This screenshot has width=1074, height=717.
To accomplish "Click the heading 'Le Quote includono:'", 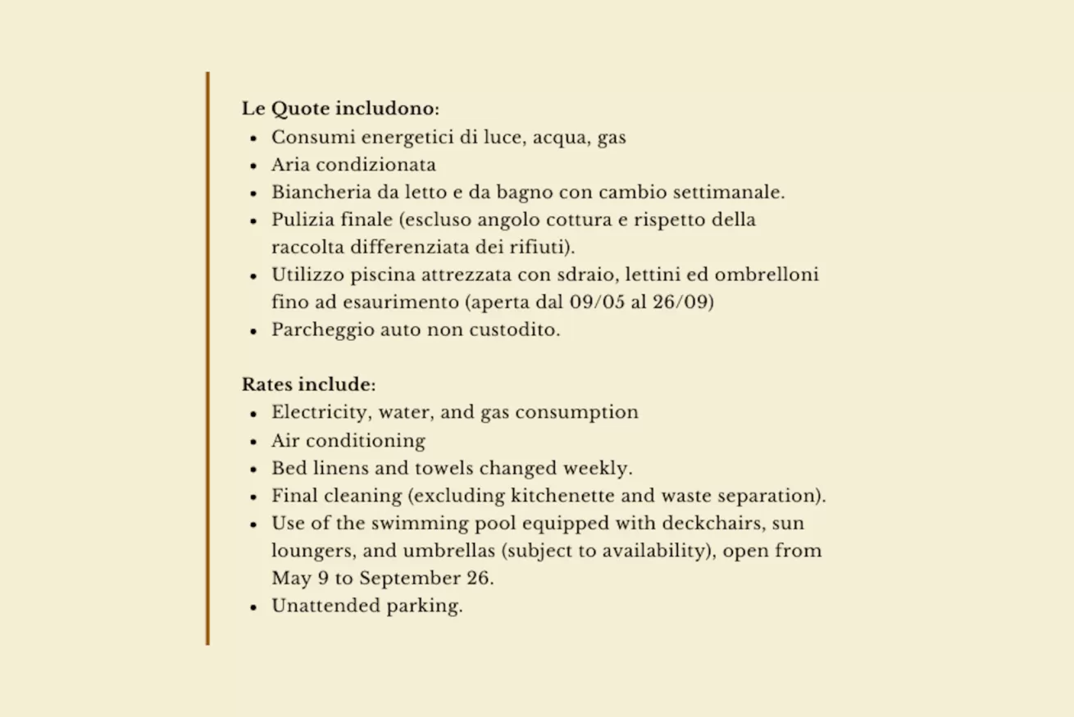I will (x=340, y=109).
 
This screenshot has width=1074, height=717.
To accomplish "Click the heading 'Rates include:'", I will (x=308, y=384).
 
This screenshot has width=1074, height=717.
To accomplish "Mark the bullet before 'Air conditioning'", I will (x=254, y=442).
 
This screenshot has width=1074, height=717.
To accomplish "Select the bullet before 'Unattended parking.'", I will (x=254, y=607).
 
